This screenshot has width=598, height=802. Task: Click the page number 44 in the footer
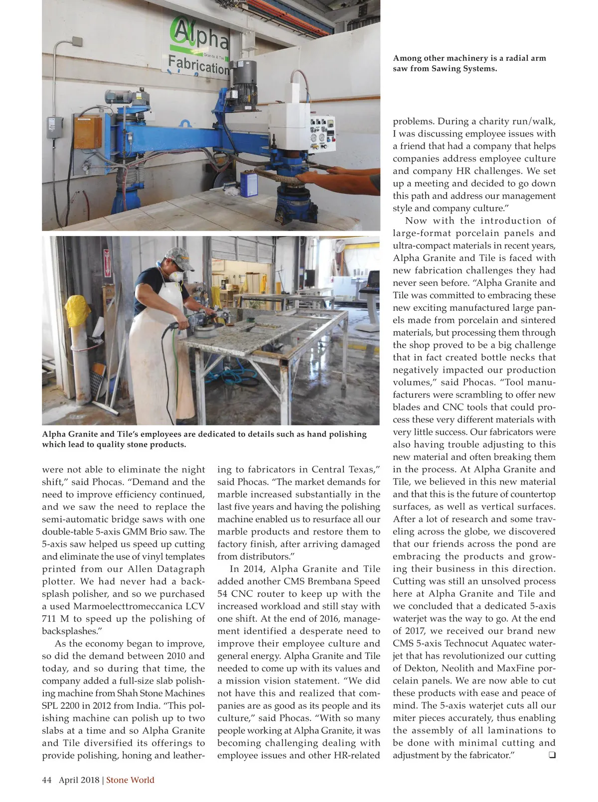pos(47,780)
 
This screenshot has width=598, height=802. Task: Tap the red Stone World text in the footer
pos(130,780)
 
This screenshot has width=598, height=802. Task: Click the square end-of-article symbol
pos(552,755)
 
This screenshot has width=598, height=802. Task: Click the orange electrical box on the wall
pos(88,132)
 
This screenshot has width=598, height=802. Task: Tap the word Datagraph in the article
pos(180,569)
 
